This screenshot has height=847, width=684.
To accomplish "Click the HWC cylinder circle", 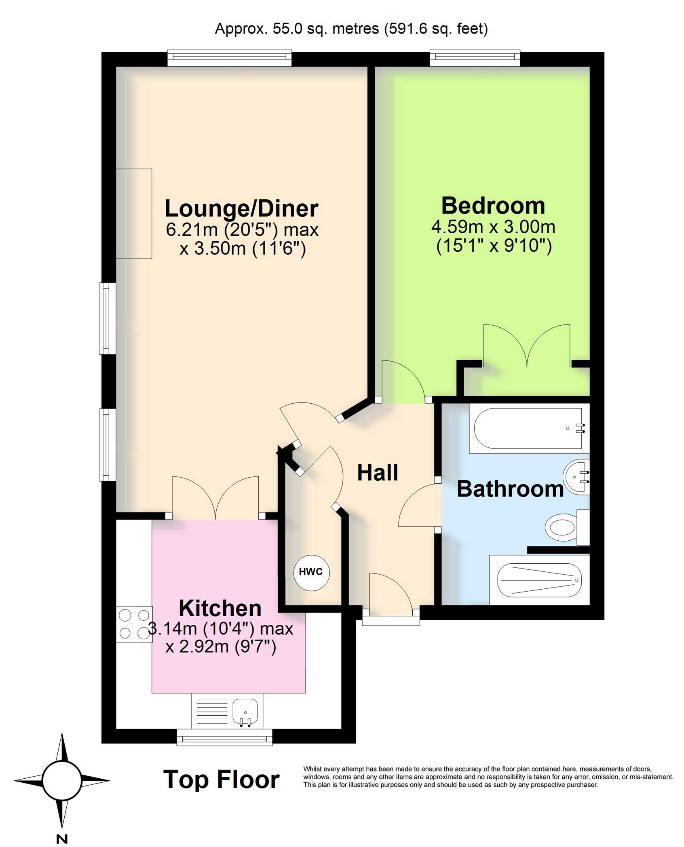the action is point(311,572).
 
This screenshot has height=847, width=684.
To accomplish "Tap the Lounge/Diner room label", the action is point(242,209).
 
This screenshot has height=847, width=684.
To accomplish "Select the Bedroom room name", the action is point(493,206).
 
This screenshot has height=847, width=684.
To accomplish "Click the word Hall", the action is point(378,472).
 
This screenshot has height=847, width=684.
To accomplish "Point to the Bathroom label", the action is point(510,489).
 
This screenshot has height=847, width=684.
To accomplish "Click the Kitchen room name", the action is point(220,608).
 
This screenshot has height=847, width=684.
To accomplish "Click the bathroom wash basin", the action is point(576,477).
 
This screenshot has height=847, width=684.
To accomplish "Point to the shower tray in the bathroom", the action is point(539,580).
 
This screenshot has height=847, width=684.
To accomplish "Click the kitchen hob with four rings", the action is point(134,624).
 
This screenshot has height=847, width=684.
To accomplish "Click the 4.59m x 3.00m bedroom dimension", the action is point(493,227).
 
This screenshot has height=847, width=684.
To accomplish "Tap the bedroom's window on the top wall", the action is point(475,58).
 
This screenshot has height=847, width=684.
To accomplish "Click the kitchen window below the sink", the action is point(224,737).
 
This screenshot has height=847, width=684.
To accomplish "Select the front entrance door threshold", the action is point(391,621).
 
